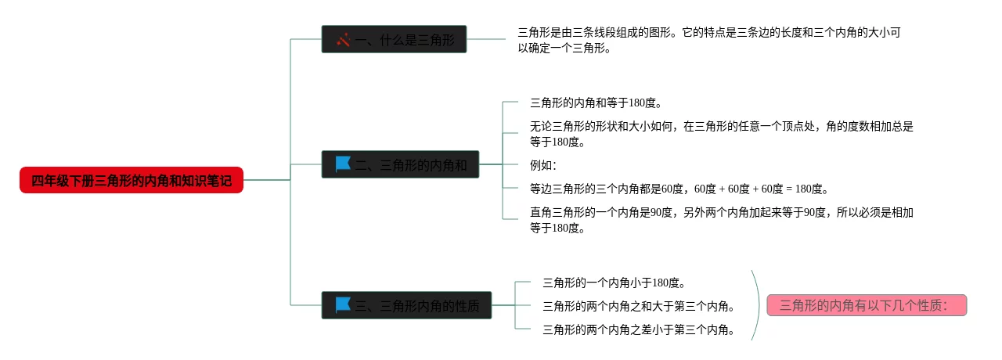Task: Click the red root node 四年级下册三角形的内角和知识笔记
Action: (132, 181)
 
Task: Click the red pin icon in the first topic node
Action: (343, 39)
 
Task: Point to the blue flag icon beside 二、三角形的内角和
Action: (343, 164)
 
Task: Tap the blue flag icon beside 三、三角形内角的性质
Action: (343, 304)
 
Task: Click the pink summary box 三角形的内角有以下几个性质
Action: (867, 305)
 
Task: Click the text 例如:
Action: (543, 165)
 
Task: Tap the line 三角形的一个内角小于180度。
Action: (615, 283)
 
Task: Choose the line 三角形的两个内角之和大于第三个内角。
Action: (639, 306)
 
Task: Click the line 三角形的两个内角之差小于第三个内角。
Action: (639, 329)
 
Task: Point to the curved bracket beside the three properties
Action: (757, 305)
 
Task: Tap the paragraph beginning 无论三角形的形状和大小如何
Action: (721, 133)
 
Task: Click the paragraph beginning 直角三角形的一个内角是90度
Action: (721, 220)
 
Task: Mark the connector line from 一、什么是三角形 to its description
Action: (486, 39)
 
